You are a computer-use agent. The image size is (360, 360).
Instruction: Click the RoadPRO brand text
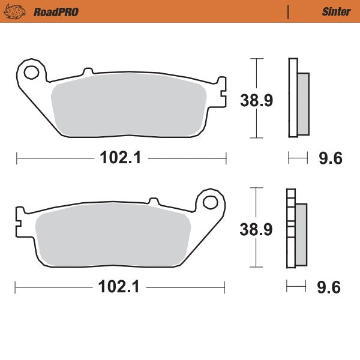coord(56,11)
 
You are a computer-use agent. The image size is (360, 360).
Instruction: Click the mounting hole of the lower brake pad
coord(211,202)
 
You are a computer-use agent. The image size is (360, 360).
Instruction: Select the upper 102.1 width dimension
coord(121,158)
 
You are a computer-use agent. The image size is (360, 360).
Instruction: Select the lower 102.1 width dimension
coord(119,287)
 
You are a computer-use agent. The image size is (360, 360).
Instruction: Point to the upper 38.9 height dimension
coord(257,100)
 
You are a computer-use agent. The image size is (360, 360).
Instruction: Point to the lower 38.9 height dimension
coord(257,229)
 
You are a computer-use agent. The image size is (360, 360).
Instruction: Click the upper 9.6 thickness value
coord(329,158)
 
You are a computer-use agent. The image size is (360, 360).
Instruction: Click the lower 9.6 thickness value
coord(328,287)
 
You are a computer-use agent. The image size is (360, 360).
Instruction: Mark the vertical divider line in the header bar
coord(289,11)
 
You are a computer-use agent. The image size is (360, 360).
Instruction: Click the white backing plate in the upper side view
coord(293,99)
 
